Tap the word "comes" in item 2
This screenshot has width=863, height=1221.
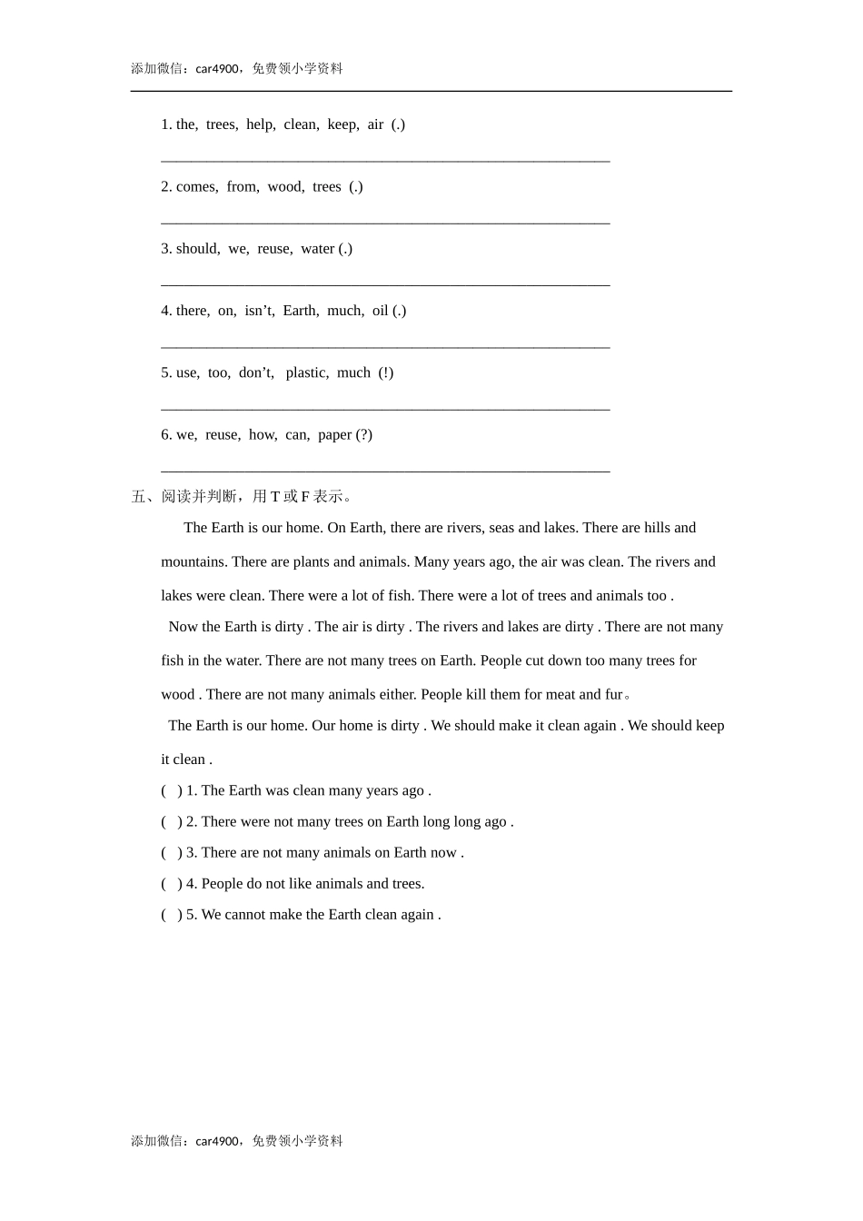196,187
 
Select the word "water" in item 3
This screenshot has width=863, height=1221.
317,249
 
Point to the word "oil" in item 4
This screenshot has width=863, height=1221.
380,311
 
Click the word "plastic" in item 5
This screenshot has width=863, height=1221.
306,372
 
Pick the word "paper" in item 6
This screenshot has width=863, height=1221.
334,434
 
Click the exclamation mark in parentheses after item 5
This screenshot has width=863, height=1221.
386,372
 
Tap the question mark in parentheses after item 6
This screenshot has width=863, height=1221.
364,434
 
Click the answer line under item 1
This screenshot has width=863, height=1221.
385,161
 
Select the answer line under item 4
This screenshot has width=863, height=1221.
385,346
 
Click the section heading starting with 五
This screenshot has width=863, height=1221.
242,496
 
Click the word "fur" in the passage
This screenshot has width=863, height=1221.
613,694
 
